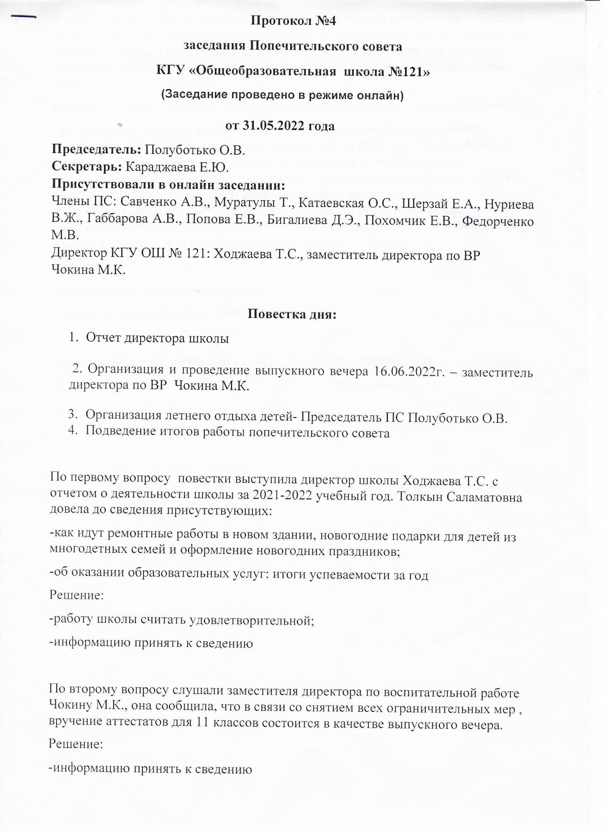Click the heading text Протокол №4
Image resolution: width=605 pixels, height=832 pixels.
pyautogui.click(x=293, y=21)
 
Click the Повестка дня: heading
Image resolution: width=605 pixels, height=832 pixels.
pyautogui.click(x=292, y=314)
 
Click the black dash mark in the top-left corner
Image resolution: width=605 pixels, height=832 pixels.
pyautogui.click(x=24, y=16)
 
